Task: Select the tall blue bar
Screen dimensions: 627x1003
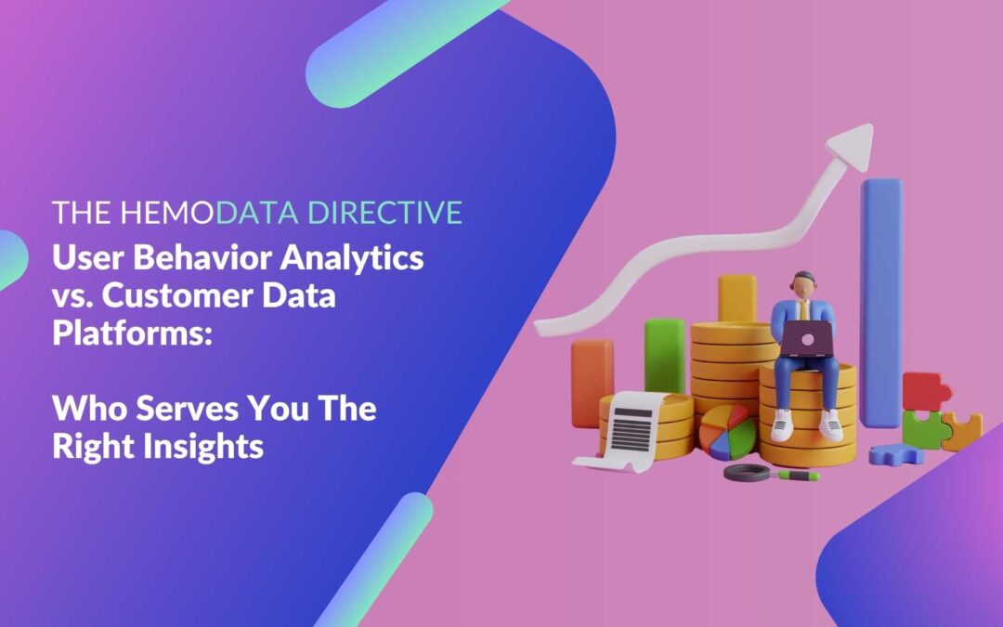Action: pos(880,297)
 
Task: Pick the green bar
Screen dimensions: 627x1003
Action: pos(664,354)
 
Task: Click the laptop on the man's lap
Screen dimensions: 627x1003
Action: pos(804,337)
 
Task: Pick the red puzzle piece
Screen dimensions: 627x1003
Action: pos(925,391)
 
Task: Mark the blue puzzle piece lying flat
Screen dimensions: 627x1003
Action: pos(895,454)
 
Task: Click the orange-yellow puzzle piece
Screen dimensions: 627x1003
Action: pos(962,431)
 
